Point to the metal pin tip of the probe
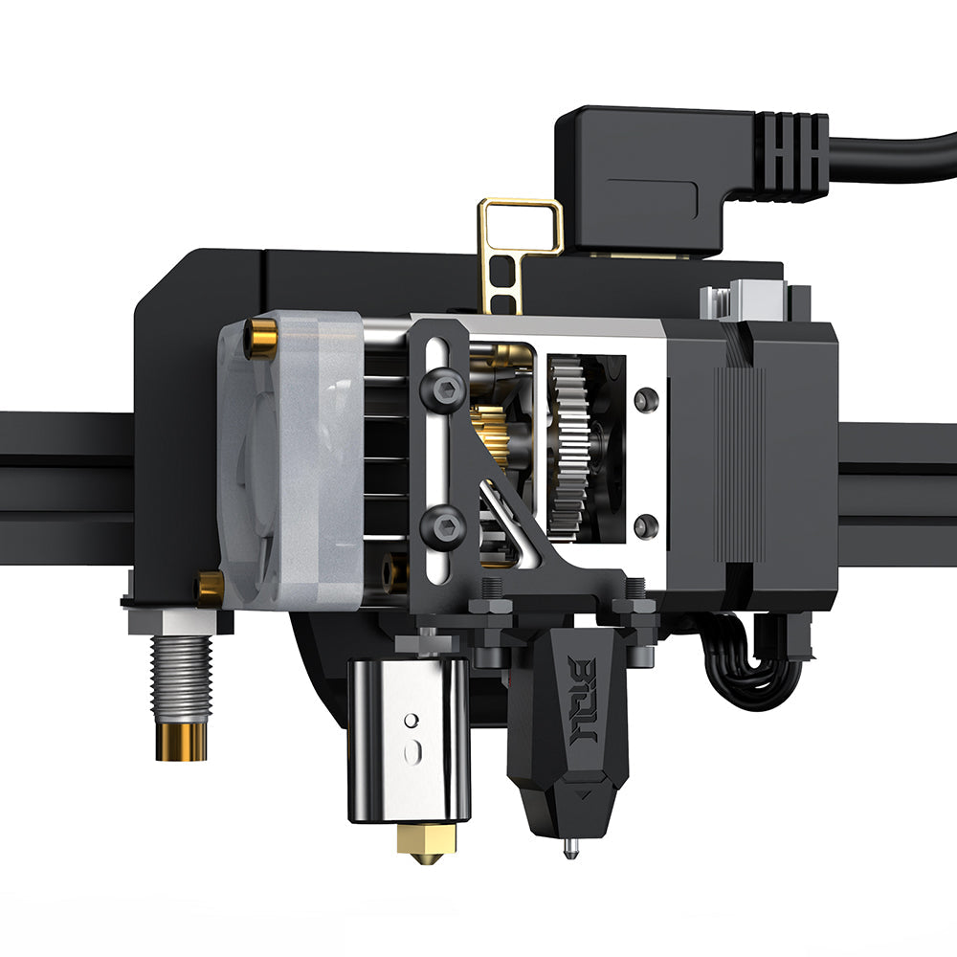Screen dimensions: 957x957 (x=570, y=848)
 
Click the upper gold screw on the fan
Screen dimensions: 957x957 (x=259, y=337)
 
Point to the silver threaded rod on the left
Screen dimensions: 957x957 (x=181, y=679)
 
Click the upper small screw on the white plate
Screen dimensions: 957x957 (x=646, y=396)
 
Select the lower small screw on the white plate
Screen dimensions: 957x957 (x=646, y=524)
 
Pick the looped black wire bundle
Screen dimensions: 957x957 (x=756, y=660)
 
